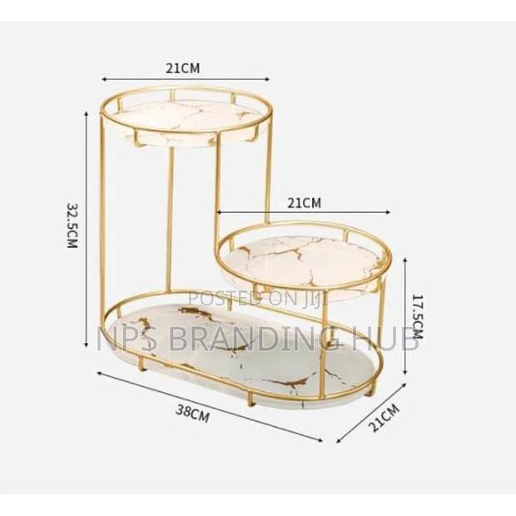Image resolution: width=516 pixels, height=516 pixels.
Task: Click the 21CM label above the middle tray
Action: click(x=304, y=201)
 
